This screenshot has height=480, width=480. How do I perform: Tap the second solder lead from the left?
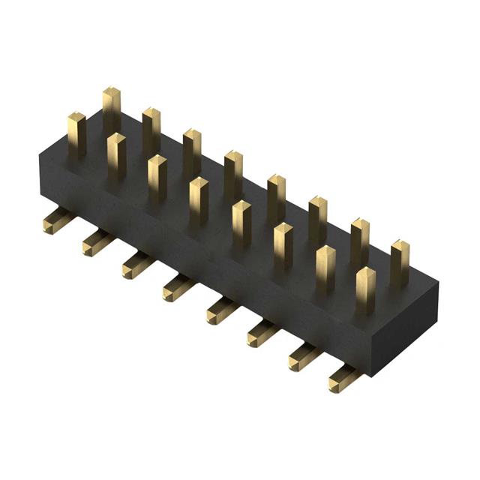pyautogui.click(x=97, y=241)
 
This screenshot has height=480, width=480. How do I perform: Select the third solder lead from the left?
pyautogui.click(x=136, y=264)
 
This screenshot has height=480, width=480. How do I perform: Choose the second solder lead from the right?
pyautogui.click(x=303, y=355)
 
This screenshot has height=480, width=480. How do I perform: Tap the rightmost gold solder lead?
pyautogui.click(x=344, y=378)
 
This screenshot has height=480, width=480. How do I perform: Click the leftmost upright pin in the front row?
pyautogui.click(x=76, y=135)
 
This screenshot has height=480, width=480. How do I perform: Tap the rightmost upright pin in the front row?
pyautogui.click(x=365, y=291)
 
